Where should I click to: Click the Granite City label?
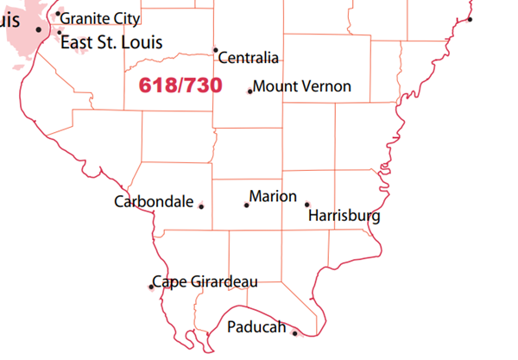[x=99, y=17]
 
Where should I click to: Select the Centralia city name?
[x=249, y=59]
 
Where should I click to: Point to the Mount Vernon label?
[x=302, y=86]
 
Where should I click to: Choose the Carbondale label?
[x=154, y=202]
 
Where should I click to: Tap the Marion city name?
[x=273, y=197]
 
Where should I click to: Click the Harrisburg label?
[x=344, y=215]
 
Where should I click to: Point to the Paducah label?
[x=256, y=327]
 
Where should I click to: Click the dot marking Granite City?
[x=58, y=14]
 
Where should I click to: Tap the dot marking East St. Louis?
[x=60, y=33]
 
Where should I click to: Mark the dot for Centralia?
[x=215, y=50]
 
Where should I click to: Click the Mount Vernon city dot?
[x=250, y=91]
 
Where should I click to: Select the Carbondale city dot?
[x=201, y=206]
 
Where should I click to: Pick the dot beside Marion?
[x=246, y=205]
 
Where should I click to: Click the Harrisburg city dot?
[x=306, y=205]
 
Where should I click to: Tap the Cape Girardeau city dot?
[x=151, y=287]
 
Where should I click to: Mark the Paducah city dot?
[x=294, y=333]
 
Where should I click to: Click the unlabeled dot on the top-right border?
[x=471, y=20]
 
